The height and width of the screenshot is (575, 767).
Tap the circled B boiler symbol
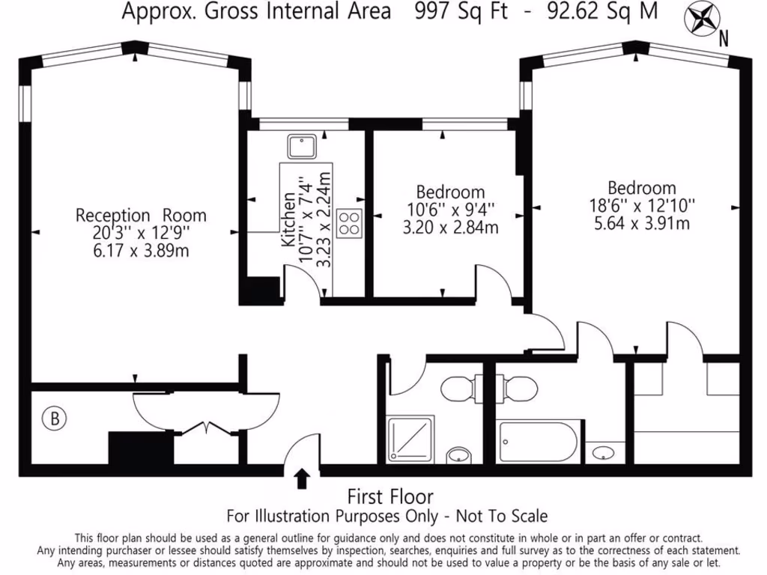tap(53, 418)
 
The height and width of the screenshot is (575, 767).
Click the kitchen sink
tap(303, 146)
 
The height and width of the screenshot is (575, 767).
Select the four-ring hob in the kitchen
tap(350, 222)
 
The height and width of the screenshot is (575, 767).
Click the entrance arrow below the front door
tap(302, 478)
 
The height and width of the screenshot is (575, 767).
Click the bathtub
tap(538, 442)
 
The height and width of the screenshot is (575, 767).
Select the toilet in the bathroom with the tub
tap(518, 388)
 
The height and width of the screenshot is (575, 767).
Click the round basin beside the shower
tap(458, 454)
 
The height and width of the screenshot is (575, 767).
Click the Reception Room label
tap(140, 216)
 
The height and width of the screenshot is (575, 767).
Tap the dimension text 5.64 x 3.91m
tap(641, 223)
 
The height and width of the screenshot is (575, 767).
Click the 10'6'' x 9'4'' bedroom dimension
tap(450, 210)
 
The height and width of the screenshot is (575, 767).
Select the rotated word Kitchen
tap(288, 219)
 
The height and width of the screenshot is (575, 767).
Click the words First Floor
tap(389, 496)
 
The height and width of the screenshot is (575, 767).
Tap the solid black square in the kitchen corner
tap(262, 289)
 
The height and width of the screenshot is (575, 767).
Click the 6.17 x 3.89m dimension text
tap(140, 250)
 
